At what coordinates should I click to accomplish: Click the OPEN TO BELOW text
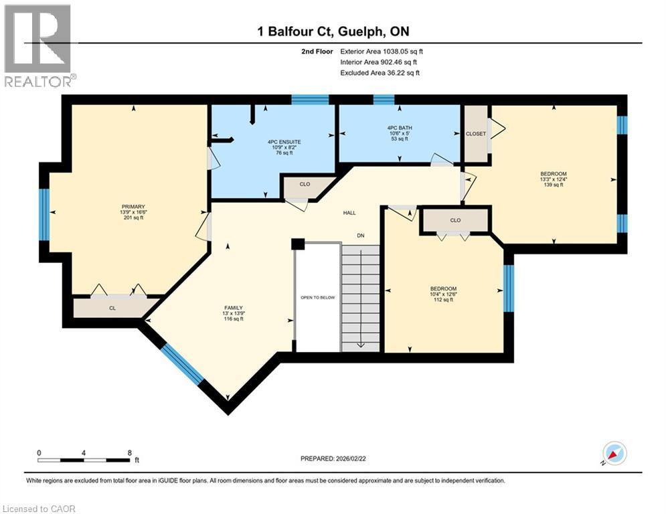tap(318, 298)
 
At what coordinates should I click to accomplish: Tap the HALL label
tap(349, 213)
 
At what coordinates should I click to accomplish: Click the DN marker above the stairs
tap(360, 235)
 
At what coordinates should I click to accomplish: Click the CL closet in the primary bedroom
tap(112, 308)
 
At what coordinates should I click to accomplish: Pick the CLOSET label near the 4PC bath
tap(475, 134)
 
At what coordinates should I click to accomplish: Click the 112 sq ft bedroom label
tap(443, 294)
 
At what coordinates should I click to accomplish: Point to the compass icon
tap(614, 454)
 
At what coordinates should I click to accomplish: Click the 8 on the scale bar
tap(129, 452)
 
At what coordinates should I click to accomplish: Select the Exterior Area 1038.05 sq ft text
tap(382, 51)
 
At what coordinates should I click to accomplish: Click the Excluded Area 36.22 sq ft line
tap(380, 73)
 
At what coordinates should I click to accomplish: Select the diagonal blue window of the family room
tap(182, 363)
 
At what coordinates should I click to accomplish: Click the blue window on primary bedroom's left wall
tap(44, 214)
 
